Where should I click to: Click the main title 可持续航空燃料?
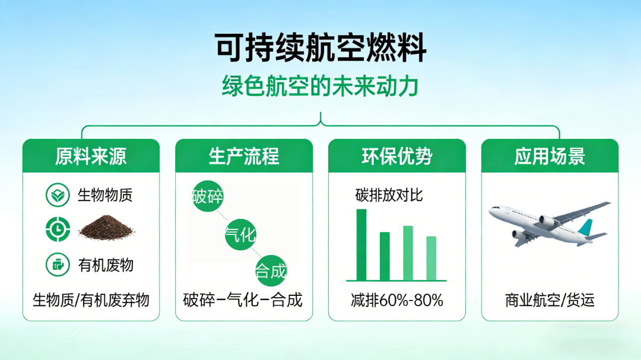tap(320, 48)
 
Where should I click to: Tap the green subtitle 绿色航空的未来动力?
tap(320, 86)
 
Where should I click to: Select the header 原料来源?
tap(91, 156)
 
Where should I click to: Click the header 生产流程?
tap(244, 156)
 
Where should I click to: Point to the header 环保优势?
tap(397, 156)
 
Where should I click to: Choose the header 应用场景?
tap(550, 156)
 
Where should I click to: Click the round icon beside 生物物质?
tap(58, 195)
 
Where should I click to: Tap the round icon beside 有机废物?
tap(58, 265)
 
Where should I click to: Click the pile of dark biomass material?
tap(106, 228)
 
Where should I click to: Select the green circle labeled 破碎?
tap(208, 196)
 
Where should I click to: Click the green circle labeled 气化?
tap(240, 234)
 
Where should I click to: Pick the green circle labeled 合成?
tap(271, 270)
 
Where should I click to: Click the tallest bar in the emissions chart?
tap(361, 245)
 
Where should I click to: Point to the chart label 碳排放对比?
tap(389, 195)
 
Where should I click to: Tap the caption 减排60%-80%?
tap(397, 300)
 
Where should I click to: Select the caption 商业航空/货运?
tap(550, 300)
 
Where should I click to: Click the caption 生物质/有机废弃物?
tap(91, 300)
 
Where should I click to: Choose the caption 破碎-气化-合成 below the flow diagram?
tap(243, 300)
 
